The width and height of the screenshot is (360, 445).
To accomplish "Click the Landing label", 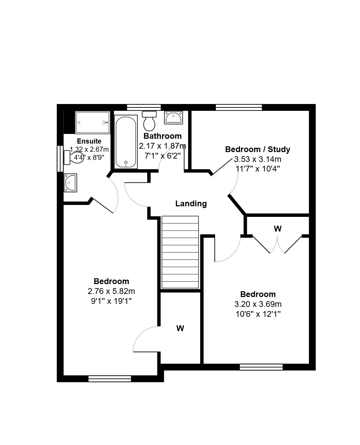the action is (x=191, y=204).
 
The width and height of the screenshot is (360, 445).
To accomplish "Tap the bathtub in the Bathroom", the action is (x=126, y=142).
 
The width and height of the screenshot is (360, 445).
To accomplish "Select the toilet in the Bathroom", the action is (x=149, y=121).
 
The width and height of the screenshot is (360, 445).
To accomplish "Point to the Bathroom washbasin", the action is (x=173, y=117).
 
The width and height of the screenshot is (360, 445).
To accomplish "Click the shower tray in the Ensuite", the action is (x=92, y=122).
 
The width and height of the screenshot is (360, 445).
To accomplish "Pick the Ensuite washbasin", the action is (x=70, y=182).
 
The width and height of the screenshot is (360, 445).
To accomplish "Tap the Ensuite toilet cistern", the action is (x=67, y=157).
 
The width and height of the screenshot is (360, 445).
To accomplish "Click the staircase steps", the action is (x=180, y=252).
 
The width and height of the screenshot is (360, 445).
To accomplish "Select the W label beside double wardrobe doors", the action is (x=277, y=229).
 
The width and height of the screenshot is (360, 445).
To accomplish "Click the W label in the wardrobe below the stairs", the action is (x=180, y=328).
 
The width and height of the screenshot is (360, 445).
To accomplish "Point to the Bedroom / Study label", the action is (x=258, y=149).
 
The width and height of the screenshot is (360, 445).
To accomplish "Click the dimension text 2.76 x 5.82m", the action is (x=111, y=291).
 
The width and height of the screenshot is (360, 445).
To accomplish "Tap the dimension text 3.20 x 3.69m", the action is (x=258, y=304).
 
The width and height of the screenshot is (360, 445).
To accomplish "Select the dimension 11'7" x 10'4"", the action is (x=258, y=168).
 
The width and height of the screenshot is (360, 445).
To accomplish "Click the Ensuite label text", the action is (x=89, y=141).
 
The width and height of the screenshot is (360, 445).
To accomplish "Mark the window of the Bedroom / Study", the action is (x=239, y=107).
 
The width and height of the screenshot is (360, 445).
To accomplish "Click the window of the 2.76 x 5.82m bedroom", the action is (x=110, y=379).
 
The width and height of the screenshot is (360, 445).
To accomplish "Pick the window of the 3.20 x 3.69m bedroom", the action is (x=261, y=367).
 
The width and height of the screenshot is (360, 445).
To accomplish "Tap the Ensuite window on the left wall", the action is (x=60, y=159).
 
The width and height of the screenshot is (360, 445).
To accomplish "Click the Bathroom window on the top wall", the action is (x=144, y=107).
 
